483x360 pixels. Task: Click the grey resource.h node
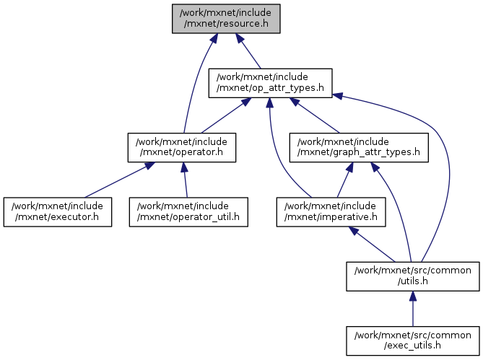[225, 18]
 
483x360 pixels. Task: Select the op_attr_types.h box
[270, 83]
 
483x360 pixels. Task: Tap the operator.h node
[182, 147]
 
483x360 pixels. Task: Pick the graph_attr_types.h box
[360, 147]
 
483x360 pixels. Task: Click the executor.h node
[57, 211]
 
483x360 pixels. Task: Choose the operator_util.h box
[188, 211]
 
